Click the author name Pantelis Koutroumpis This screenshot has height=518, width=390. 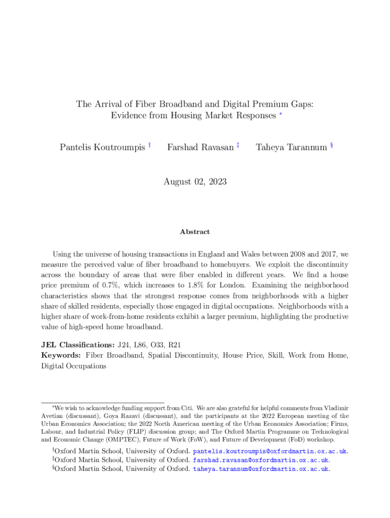[102, 147]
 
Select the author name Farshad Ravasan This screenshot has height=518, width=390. [200, 147]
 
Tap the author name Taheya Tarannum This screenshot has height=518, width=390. [291, 147]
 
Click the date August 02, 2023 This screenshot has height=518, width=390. [195, 181]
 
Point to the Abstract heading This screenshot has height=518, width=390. [194, 232]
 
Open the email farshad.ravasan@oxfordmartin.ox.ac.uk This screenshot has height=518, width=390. [261, 460]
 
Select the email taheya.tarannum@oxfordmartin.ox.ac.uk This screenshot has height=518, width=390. [261, 469]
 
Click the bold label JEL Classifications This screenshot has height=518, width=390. [77, 345]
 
